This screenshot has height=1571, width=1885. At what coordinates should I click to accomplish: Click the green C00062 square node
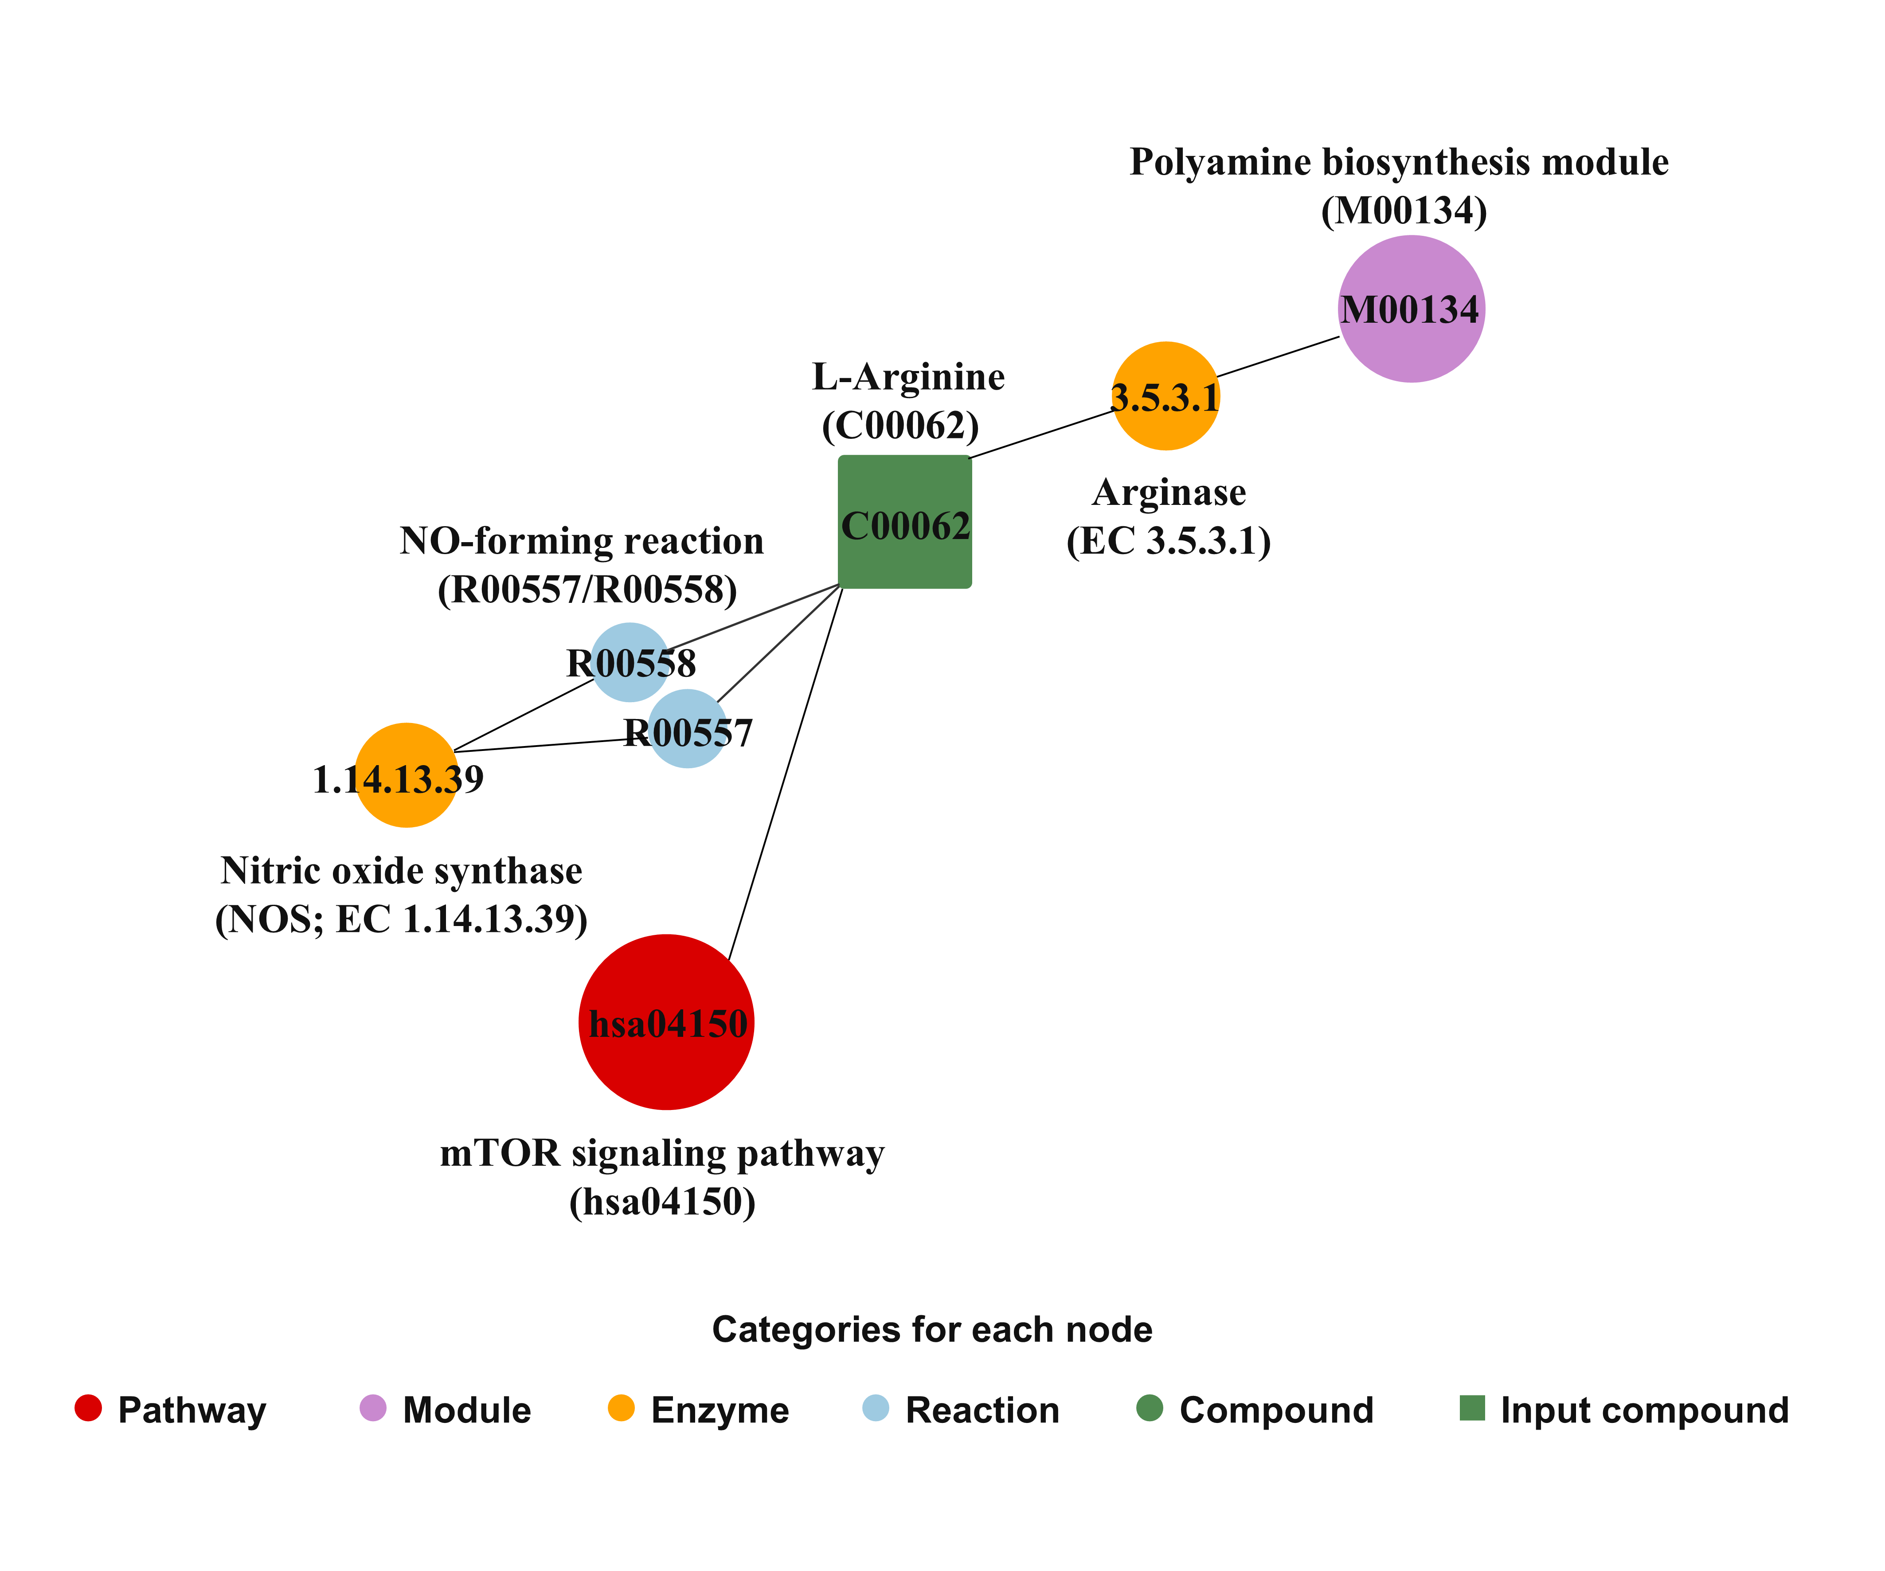905,522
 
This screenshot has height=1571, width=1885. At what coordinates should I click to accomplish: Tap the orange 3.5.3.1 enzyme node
1166,396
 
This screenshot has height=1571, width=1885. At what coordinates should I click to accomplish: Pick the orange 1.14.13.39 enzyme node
407,775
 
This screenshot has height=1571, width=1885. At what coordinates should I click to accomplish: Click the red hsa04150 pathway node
666,1023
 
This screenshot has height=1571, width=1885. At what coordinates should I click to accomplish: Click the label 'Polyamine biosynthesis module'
1399,163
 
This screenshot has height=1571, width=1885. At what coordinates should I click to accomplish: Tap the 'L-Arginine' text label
908,377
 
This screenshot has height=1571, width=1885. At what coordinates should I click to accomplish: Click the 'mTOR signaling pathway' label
662,1153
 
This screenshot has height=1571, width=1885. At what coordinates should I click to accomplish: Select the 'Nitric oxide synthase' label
401,871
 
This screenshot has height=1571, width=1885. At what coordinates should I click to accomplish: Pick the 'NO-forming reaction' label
582,541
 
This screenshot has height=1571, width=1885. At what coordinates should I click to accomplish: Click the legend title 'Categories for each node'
932,1329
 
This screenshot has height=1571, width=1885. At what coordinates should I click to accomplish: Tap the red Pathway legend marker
88,1407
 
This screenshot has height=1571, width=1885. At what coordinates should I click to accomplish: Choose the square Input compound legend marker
1472,1407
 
